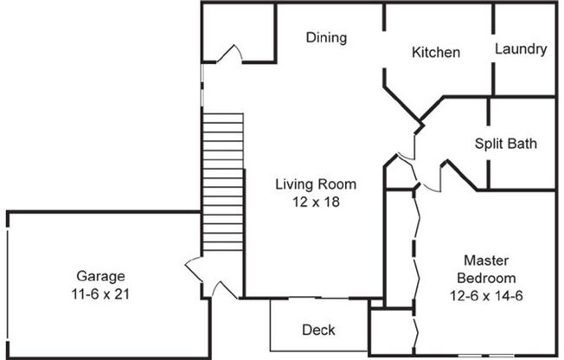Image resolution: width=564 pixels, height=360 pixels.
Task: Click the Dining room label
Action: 326,37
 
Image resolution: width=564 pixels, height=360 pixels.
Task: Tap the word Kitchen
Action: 435,53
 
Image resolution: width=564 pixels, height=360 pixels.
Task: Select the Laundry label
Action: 521,49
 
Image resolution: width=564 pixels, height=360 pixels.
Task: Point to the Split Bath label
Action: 506,144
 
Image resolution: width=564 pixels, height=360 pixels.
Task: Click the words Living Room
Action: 316,184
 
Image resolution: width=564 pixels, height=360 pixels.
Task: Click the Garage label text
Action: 99,276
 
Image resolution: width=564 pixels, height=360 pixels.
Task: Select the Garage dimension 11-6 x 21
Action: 99,292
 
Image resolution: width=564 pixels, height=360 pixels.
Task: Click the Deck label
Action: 317,330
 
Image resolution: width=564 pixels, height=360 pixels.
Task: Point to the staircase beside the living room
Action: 222,183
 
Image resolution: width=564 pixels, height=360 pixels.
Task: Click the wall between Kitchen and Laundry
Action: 493,48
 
